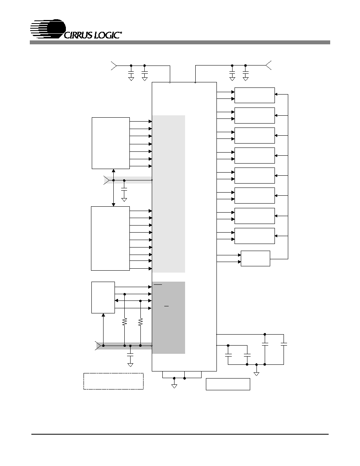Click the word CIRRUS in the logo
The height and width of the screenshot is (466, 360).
78,35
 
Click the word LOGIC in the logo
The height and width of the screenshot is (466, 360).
107,35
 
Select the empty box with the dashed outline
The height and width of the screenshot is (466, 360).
113,381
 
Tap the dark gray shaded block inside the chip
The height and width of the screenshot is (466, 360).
168,318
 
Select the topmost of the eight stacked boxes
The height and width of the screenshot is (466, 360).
255,95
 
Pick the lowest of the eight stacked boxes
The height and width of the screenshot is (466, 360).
255,236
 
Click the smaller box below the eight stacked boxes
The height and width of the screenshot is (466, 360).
255,258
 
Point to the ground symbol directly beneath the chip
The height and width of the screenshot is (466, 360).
175,386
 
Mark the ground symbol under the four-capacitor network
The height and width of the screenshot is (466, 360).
256,373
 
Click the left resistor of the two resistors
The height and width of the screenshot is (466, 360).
125,322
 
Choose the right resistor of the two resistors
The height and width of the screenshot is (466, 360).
140,322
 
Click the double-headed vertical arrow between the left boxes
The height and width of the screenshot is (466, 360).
113,187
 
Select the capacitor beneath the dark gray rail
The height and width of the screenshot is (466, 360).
130,355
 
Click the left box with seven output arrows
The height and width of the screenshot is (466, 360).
111,143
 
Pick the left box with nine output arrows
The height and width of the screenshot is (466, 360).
110,238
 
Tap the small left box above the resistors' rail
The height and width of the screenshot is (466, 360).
103,297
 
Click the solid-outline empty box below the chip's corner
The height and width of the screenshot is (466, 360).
228,384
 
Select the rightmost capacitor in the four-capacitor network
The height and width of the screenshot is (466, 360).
284,344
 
